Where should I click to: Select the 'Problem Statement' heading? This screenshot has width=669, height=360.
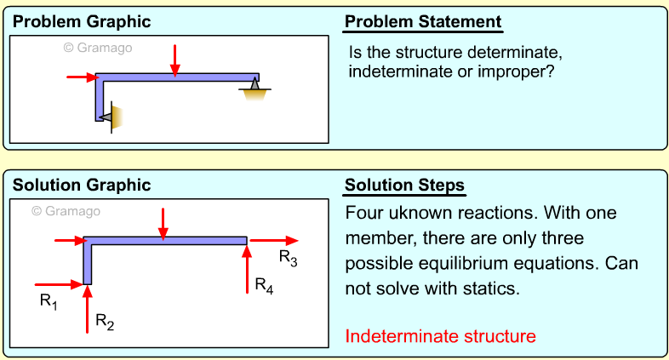pos(423,21)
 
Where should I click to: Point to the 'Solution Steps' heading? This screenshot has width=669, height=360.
pos(404,185)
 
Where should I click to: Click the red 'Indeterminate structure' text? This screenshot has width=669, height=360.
pos(440,336)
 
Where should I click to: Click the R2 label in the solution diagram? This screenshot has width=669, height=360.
pos(104,321)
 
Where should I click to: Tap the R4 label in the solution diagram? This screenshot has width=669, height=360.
pos(265,285)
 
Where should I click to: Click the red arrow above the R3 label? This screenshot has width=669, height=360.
pos(273,241)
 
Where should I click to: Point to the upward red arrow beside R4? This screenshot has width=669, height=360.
pos(247,269)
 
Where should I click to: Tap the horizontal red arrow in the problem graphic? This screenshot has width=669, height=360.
pos(81,77)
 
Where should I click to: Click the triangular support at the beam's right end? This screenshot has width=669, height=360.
pos(254,85)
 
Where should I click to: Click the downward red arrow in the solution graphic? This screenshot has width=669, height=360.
pos(163,220)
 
